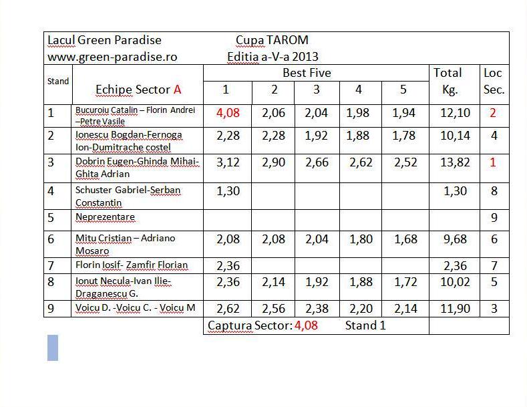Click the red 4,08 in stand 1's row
[228, 113]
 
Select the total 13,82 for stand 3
[455, 162]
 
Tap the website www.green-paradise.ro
[112, 57]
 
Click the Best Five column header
[307, 73]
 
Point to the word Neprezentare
[105, 217]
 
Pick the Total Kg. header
[448, 81]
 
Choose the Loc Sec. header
[493, 81]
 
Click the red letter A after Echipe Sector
[178, 90]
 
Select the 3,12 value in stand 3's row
[228, 162]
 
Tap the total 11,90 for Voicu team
[455, 309]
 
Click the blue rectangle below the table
[53, 348]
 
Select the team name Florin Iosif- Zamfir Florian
[132, 265]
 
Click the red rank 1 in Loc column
[493, 162]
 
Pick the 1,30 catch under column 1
[228, 190]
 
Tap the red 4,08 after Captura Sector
[306, 326]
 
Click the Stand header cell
[58, 82]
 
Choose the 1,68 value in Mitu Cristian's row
[403, 239]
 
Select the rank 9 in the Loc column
[494, 218]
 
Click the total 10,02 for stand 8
[455, 282]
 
